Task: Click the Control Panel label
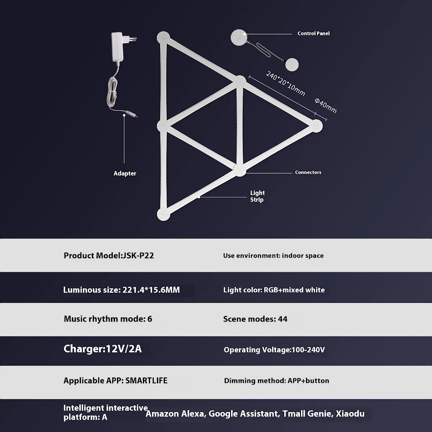313,33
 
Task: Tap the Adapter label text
125,173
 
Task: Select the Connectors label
308,172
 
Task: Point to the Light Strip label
257,196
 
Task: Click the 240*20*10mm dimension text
286,84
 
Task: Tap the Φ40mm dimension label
326,105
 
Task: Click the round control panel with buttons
239,37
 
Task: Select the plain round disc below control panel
292,65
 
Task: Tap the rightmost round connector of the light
316,126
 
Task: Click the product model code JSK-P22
138,256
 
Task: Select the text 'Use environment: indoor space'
273,256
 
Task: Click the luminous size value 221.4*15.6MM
151,290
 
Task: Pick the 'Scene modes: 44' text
255,319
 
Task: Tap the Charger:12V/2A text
102,349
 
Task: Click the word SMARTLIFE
146,381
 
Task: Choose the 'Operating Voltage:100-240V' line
274,350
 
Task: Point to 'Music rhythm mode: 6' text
108,319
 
